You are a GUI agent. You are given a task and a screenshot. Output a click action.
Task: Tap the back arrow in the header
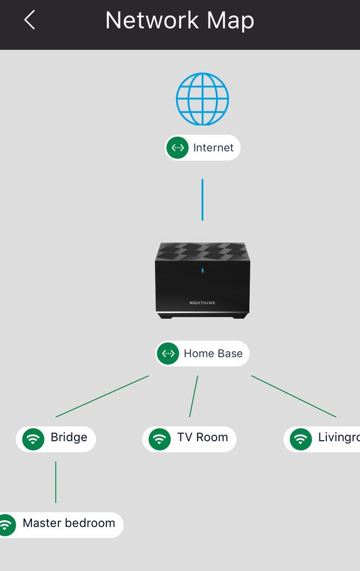(x=30, y=21)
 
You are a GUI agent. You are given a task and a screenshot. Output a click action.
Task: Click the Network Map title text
(x=179, y=21)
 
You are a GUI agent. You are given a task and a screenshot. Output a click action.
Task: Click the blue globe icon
(x=202, y=99)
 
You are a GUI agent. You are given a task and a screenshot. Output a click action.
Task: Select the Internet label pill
(x=203, y=147)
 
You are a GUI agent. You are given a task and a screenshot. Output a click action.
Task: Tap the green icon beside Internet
(x=178, y=147)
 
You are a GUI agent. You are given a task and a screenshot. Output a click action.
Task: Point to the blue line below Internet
(x=202, y=199)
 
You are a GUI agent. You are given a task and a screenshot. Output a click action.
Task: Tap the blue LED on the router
(x=202, y=270)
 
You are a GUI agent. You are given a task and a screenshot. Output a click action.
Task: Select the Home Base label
(x=203, y=353)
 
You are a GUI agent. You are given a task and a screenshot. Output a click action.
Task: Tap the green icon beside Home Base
(x=168, y=353)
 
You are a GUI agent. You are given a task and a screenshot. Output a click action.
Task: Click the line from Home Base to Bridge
(x=103, y=396)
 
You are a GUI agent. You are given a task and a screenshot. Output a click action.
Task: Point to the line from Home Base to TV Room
(x=194, y=396)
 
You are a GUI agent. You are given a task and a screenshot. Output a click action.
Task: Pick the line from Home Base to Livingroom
(x=294, y=396)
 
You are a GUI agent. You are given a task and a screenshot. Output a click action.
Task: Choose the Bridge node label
(x=56, y=438)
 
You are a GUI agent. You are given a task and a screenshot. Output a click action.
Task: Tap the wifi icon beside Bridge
(x=33, y=439)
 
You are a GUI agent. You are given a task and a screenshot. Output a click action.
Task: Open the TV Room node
(x=189, y=438)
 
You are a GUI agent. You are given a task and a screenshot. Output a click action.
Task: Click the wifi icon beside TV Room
(x=159, y=439)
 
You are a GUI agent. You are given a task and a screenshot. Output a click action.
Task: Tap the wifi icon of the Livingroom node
(x=301, y=439)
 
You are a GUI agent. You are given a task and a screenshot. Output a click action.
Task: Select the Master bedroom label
(x=63, y=524)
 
